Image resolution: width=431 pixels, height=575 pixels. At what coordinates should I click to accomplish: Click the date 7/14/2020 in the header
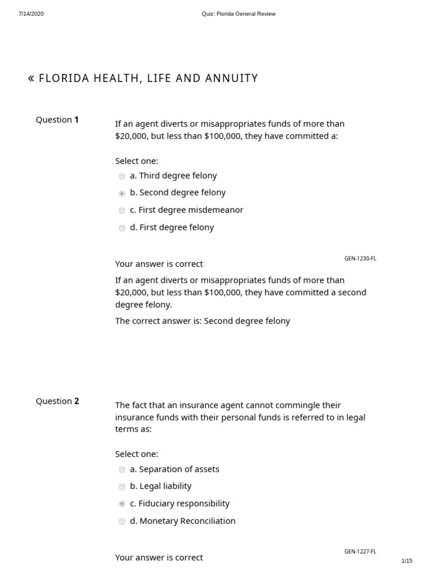point(31,14)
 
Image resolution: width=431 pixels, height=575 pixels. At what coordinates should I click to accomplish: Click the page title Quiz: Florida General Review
point(239,14)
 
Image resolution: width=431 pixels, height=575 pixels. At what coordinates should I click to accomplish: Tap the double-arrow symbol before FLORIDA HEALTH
point(31,79)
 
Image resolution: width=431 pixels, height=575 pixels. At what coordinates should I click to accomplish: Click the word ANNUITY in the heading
point(233,79)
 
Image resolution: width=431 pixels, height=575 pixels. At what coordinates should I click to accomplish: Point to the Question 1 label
point(57,120)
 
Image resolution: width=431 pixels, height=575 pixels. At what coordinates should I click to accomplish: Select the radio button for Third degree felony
point(122,176)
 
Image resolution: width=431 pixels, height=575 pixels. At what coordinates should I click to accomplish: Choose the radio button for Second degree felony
point(122,194)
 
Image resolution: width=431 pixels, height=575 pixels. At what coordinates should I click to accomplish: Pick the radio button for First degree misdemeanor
point(122,211)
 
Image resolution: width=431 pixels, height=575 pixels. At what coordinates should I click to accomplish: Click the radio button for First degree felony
point(122,229)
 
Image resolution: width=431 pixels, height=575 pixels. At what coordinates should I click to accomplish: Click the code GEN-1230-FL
point(360,259)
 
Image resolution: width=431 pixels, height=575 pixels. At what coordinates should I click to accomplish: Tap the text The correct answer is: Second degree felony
point(203,321)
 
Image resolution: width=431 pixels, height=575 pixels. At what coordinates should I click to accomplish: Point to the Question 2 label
point(57,401)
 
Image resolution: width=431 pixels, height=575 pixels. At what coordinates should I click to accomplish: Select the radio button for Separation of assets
point(122,470)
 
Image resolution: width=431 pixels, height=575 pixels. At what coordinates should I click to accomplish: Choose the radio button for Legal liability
point(122,487)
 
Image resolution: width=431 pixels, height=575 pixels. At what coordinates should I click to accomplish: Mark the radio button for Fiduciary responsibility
point(122,504)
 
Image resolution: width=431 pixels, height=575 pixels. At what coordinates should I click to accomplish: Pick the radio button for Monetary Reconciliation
point(122,522)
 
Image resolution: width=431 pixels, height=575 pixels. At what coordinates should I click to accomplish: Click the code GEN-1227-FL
point(360,552)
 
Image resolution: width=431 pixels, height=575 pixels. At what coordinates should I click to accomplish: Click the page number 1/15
point(407,561)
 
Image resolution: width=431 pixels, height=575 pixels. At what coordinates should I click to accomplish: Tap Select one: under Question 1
point(136,161)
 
